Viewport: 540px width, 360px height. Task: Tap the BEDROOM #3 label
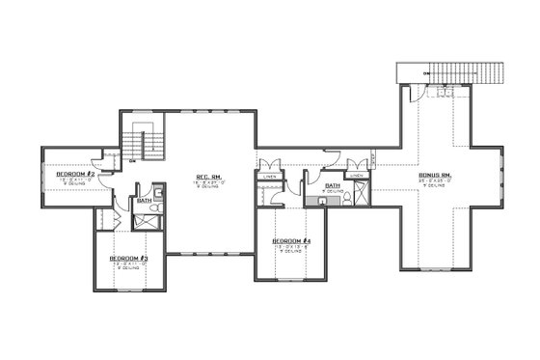point(127,260)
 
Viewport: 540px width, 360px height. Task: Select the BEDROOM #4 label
point(291,240)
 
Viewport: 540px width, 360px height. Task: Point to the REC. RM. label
point(211,177)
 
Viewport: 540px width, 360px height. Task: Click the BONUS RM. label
point(437,174)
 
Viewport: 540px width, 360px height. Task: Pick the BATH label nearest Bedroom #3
point(144,201)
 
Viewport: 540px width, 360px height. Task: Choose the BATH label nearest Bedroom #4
point(333,185)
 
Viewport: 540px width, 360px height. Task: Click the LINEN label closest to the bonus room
point(357,177)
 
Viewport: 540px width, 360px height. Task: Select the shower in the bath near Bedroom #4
point(359,194)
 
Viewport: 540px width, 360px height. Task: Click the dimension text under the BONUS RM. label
point(437,180)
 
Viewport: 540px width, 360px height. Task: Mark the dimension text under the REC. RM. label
point(211,183)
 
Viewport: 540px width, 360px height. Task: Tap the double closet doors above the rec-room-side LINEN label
point(270,165)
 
